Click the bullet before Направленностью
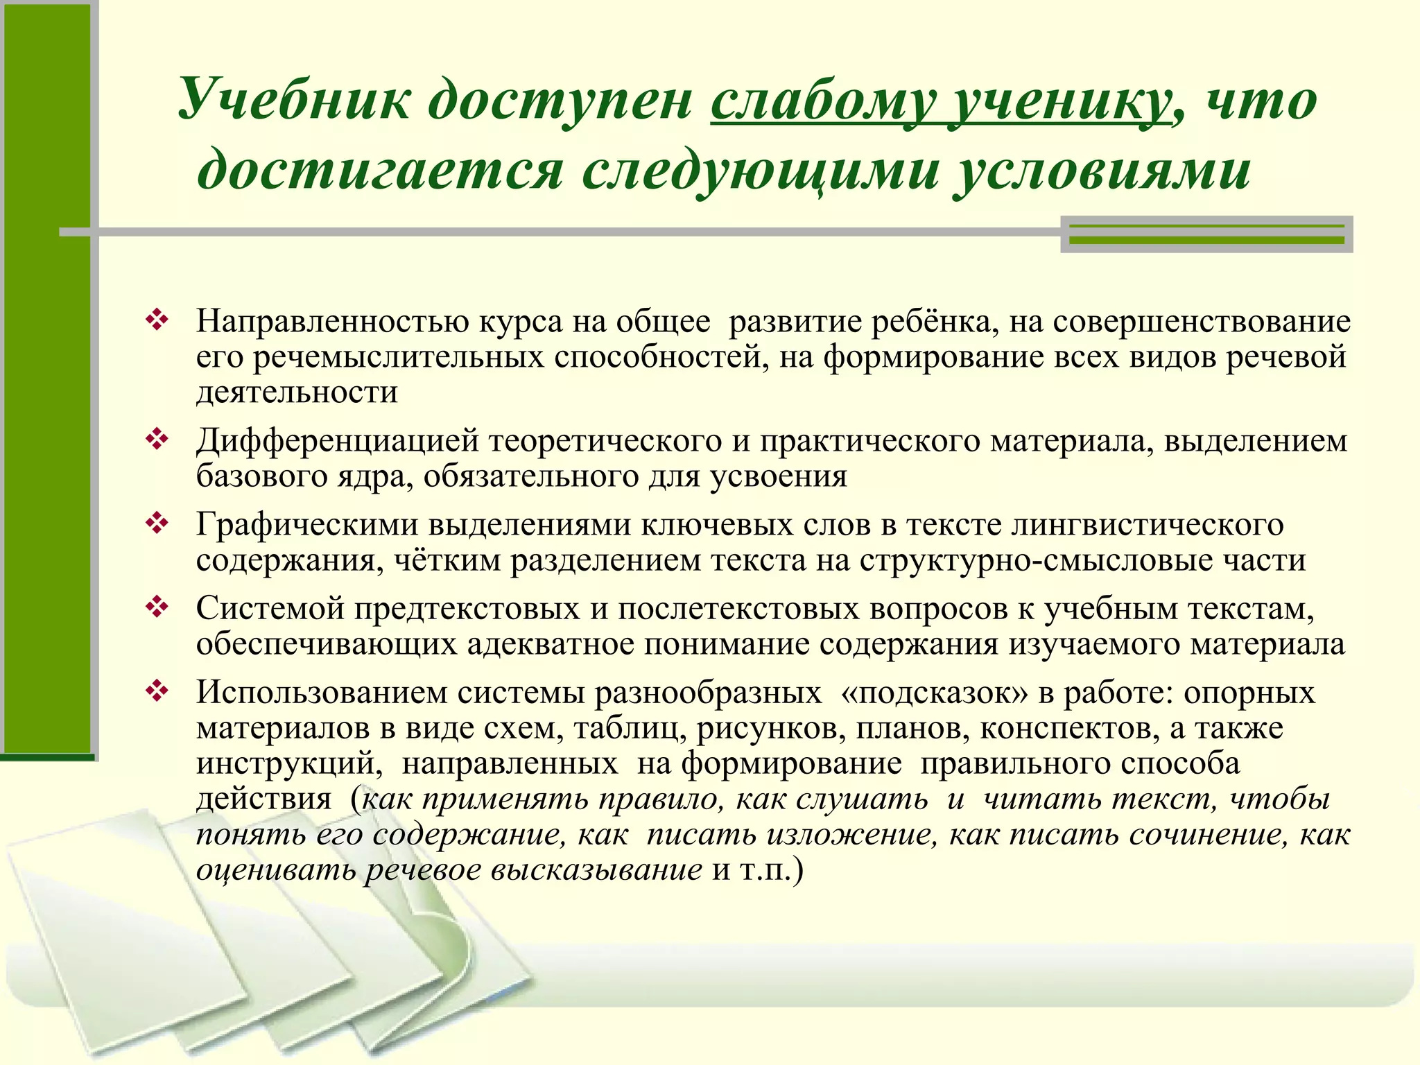(x=157, y=320)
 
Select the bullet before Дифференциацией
(x=157, y=440)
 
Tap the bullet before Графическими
(x=157, y=523)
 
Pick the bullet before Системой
(x=157, y=607)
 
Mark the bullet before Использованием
(x=157, y=691)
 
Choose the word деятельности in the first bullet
(x=297, y=392)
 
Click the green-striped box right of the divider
(x=1206, y=234)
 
